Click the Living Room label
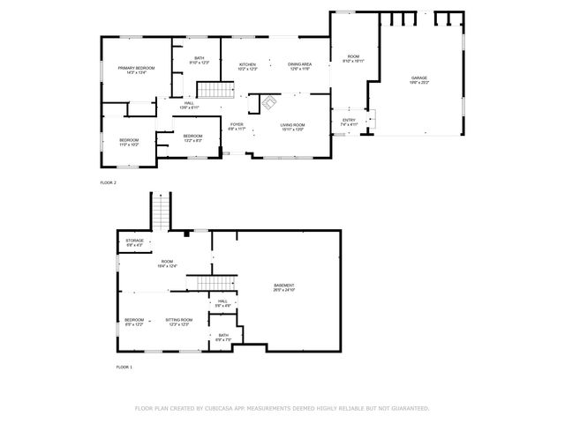[x=292, y=127]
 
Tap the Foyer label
[x=237, y=126]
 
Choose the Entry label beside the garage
[x=349, y=122]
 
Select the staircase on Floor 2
[x=210, y=90]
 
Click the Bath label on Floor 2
[x=200, y=60]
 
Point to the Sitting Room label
[x=178, y=322]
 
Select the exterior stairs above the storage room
[x=162, y=211]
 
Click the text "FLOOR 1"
[x=124, y=367]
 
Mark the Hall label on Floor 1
[x=223, y=302]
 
